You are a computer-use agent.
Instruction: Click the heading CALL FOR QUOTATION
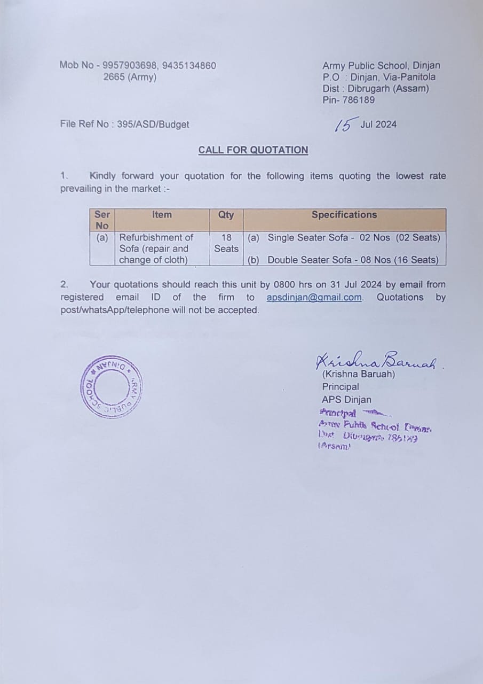[253, 150]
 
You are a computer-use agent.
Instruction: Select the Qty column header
[226, 215]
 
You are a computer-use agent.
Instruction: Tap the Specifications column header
[344, 215]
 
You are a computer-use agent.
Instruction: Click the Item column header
[162, 215]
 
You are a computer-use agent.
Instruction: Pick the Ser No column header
[101, 220]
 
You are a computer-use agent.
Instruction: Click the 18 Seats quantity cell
[226, 243]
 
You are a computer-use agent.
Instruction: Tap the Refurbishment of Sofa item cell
[155, 248]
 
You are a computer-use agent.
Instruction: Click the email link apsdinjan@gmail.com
[314, 298]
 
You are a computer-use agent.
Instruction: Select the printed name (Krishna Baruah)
[359, 374]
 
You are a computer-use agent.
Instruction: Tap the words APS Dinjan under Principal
[346, 400]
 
